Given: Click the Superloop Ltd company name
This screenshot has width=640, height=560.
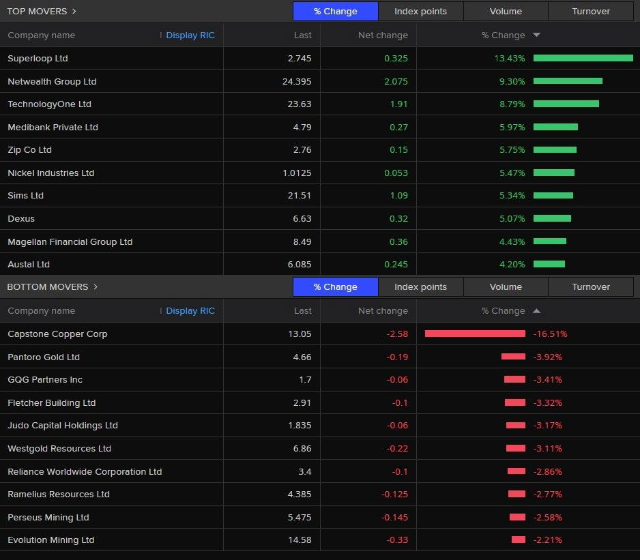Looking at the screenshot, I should [x=38, y=59].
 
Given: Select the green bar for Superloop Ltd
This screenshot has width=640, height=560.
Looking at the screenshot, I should [x=583, y=59].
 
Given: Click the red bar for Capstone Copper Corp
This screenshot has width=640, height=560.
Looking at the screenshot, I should [x=475, y=334].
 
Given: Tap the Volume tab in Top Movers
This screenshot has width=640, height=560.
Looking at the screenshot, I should [x=506, y=12].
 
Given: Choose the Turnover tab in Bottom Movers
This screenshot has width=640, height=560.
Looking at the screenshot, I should [x=591, y=287].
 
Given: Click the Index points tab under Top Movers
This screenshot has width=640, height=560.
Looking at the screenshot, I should [x=420, y=12].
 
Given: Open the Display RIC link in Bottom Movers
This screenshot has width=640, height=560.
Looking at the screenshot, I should [x=190, y=311].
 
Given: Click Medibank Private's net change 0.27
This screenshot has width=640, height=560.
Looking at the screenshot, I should [x=398, y=128].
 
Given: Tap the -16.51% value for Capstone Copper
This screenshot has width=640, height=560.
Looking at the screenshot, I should [x=550, y=334].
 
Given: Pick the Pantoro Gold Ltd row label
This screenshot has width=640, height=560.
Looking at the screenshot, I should [x=44, y=357].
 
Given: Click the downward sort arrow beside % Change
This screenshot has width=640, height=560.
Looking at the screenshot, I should [x=536, y=35].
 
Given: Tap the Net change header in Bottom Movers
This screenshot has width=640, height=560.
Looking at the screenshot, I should [x=383, y=311].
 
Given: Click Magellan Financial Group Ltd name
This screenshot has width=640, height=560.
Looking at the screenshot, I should [x=70, y=242].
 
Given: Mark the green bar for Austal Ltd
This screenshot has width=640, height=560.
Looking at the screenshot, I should [x=549, y=265].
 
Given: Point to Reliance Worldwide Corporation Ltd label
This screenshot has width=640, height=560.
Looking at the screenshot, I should [x=85, y=472].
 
